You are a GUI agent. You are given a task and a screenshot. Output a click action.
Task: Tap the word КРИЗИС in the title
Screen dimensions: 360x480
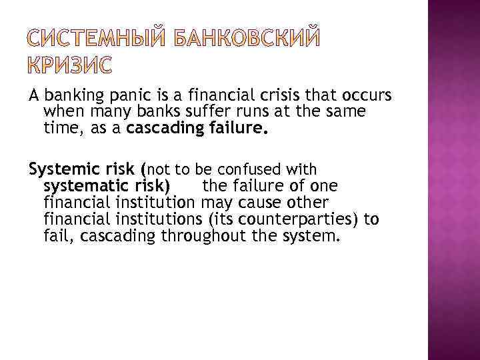71,66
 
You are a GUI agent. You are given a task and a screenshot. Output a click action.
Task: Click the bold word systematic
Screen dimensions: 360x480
78,185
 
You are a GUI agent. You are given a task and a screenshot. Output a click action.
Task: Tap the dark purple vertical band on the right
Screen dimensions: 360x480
453,180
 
